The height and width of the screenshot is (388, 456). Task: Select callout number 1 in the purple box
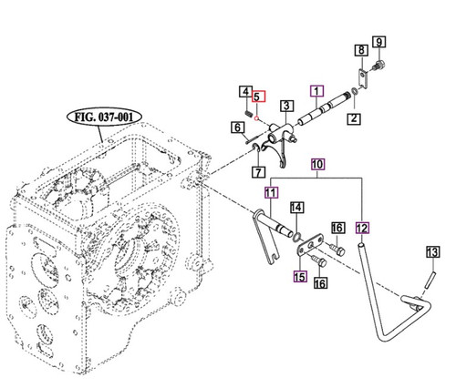click(316, 90)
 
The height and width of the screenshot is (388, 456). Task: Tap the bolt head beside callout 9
click(380, 66)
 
